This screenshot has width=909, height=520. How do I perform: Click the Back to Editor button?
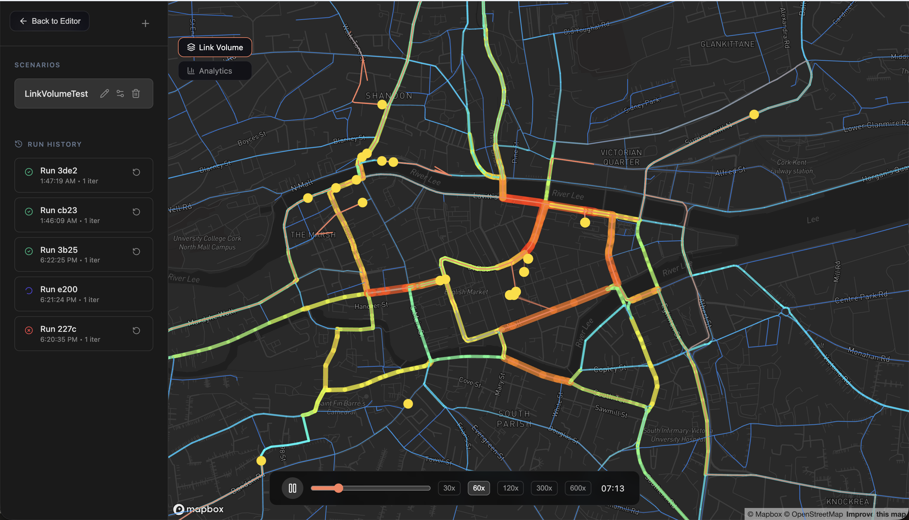tap(50, 21)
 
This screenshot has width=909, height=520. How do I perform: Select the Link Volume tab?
tap(215, 47)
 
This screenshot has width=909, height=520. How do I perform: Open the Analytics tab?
tap(215, 71)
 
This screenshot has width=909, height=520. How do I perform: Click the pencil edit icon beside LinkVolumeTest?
tap(104, 93)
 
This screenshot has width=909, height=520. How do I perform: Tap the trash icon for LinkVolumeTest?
tap(136, 93)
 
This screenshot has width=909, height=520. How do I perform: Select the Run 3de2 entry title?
tap(59, 171)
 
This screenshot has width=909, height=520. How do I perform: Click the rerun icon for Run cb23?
tap(136, 212)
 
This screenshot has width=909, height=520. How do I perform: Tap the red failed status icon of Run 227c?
tap(29, 330)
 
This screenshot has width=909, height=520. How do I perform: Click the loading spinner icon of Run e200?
tap(29, 291)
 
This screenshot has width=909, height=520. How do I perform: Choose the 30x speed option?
tap(449, 488)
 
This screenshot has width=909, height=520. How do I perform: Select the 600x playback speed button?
tap(577, 488)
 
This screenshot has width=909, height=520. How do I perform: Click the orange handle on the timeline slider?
tap(338, 488)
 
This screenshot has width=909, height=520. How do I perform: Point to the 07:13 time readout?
tap(613, 488)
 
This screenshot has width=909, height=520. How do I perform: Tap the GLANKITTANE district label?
tap(727, 44)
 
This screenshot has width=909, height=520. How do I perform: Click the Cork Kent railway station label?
tap(791, 167)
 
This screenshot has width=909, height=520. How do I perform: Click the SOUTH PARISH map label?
tap(514, 419)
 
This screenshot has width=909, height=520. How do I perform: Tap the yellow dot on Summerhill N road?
tap(754, 115)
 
